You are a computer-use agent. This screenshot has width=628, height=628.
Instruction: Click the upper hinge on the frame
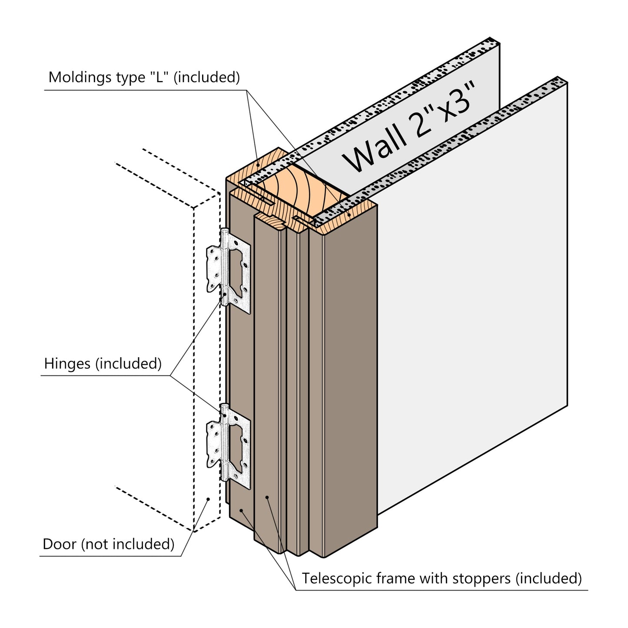(229, 269)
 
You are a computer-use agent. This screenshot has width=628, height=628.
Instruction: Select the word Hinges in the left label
(67, 363)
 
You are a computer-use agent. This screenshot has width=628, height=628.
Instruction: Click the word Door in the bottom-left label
(59, 544)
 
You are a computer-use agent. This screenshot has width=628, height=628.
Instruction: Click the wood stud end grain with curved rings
(300, 191)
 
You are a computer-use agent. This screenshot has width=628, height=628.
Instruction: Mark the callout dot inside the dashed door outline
(208, 499)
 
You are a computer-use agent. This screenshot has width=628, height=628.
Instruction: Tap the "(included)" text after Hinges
(128, 363)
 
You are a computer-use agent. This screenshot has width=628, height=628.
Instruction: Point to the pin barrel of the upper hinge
(224, 267)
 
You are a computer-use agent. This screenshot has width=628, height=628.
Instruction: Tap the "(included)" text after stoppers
(550, 579)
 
